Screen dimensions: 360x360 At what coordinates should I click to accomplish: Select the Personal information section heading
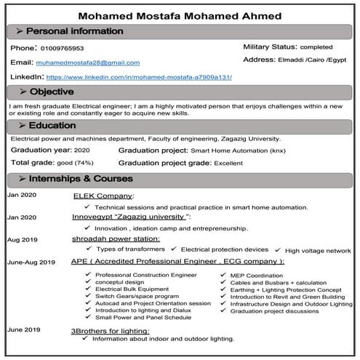pos(74,32)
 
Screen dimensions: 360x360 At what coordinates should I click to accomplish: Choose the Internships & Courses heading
pos(79,179)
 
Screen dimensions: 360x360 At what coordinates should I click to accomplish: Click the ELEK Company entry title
pos(103,196)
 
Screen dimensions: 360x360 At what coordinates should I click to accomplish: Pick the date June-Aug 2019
pos(31,262)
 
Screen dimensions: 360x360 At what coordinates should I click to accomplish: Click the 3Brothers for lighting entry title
pos(110,330)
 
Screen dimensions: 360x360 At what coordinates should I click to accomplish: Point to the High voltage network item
pos(318,250)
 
